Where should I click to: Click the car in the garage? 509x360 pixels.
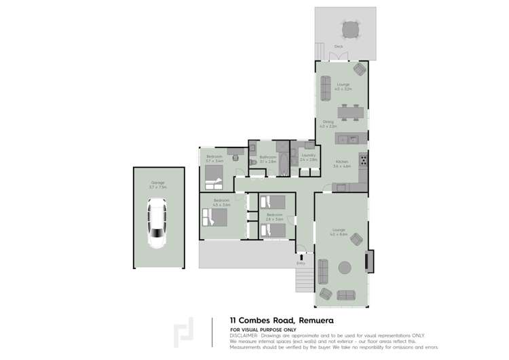pos(157,222)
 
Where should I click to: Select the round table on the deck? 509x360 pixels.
pos(351,30)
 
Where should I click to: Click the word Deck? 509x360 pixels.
pos(339,46)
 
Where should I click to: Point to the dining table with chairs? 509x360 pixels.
pos(351,111)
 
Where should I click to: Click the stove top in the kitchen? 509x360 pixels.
pos(364,160)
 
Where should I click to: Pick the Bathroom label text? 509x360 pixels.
pos(267,157)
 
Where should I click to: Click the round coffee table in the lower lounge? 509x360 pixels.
pos(345,267)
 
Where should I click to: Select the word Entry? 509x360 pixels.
pos(301,263)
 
